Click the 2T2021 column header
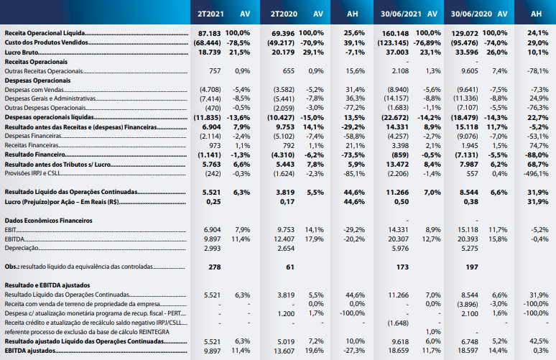[x=210, y=14]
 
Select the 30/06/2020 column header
[x=471, y=14]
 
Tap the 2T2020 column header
[x=284, y=14]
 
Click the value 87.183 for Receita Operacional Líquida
[x=209, y=33]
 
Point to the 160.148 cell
[x=395, y=33]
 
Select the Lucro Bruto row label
[x=22, y=52]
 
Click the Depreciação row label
[x=22, y=248]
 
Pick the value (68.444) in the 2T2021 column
[x=207, y=43]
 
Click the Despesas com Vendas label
[x=34, y=90]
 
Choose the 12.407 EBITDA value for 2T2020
[x=284, y=239]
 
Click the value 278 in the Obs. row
[x=215, y=267]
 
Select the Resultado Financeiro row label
[x=34, y=154]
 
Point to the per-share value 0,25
[x=213, y=201]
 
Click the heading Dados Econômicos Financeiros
[x=49, y=221]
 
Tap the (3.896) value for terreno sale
[x=468, y=305]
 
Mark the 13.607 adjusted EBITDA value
[x=284, y=351]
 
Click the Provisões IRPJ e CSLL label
[x=32, y=173]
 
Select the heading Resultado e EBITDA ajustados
[x=47, y=285]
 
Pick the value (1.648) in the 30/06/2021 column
[x=398, y=323]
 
